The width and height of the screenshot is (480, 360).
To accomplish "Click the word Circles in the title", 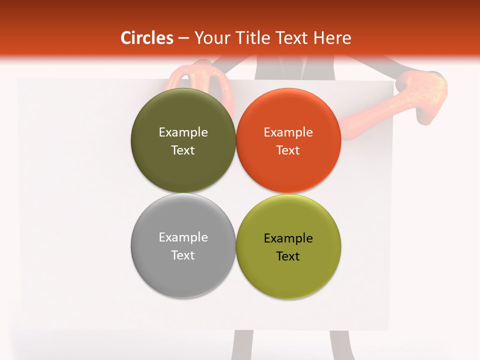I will tap(146, 38).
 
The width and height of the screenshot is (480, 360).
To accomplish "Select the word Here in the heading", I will tap(332, 38).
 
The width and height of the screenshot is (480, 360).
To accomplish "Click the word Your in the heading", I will tap(211, 38).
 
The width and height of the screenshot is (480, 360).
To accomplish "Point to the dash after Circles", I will tap(183, 38).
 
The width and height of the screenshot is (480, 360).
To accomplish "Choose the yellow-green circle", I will tap(288, 275).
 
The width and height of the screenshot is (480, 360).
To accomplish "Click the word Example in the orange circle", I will tap(288, 132).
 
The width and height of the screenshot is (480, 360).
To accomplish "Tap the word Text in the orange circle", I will tap(288, 150).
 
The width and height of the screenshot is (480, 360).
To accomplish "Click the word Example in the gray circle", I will tap(183, 237).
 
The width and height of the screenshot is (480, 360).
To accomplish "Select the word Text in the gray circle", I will tap(183, 255).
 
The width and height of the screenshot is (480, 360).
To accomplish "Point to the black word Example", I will tap(288, 238).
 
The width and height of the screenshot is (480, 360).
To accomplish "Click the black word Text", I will tap(288, 256).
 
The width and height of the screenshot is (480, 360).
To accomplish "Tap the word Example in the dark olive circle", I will tap(183, 132).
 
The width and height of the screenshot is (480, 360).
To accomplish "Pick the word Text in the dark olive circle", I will tap(183, 150).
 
